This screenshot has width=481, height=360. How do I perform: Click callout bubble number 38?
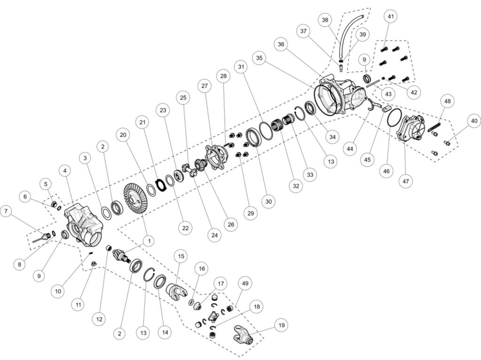tap(325, 20)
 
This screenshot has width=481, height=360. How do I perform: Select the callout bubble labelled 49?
tap(245, 283)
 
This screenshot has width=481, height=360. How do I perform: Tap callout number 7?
tap(6, 211)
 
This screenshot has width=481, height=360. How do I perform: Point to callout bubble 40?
tap(474, 121)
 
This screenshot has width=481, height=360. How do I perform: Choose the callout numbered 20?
tap(123, 135)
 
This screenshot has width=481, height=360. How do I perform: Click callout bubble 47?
tap(405, 181)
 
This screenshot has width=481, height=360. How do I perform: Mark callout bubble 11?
tap(78, 305)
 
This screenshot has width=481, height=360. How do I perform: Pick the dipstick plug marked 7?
tap(42, 238)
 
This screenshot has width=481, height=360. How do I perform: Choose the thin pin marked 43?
tap(373, 83)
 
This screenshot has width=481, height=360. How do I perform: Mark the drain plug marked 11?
tap(94, 264)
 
